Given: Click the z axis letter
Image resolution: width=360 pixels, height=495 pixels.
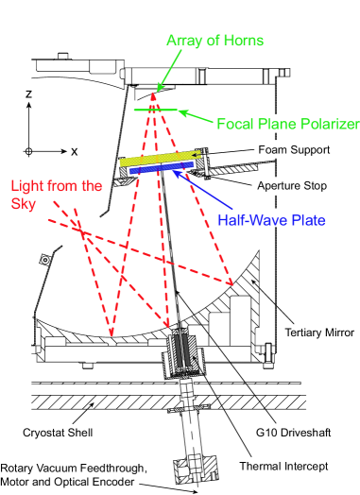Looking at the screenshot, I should pyautogui.click(x=30, y=94).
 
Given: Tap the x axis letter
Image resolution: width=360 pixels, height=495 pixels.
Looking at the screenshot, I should pyautogui.click(x=73, y=150).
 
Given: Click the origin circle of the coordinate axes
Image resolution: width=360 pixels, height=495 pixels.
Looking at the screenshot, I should pyautogui.click(x=29, y=150).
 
